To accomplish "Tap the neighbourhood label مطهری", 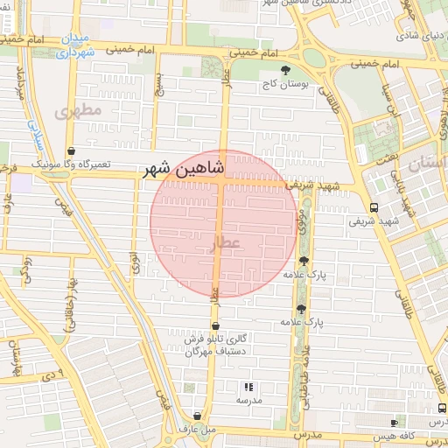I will point(78,111).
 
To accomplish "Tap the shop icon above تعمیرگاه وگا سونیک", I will point(71,150).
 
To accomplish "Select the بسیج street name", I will point(159,84).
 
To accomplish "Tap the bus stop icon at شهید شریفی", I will point(374,207).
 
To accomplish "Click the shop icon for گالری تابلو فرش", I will point(215,326).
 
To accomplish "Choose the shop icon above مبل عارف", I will point(198,416).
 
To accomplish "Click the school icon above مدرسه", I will point(249,386).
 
